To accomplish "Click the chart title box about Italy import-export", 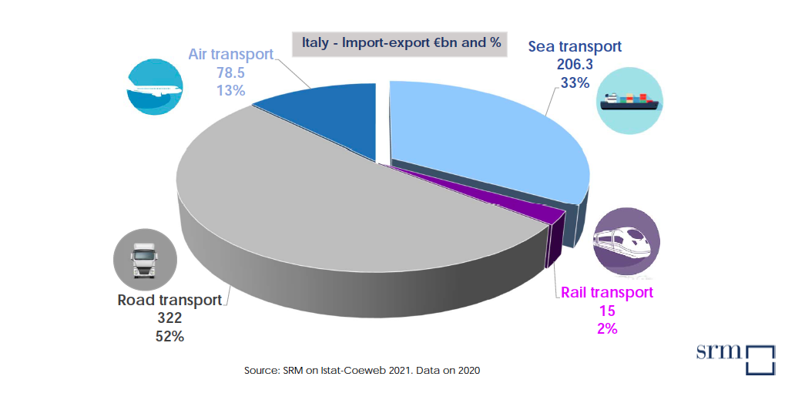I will tap(399, 43).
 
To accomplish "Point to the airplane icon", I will tap(154, 87).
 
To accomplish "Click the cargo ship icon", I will tap(631, 99).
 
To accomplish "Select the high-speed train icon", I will tap(626, 241).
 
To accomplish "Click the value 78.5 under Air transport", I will tap(230, 72).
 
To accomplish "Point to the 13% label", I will tap(230, 90).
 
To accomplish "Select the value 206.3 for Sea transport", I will tap(574, 65).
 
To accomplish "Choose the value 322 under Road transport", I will tap(169, 318).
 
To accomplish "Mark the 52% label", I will tap(169, 336).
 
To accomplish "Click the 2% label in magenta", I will tap(606, 328).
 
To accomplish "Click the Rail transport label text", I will tap(606, 293).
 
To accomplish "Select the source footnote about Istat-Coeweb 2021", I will tap(362, 371).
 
